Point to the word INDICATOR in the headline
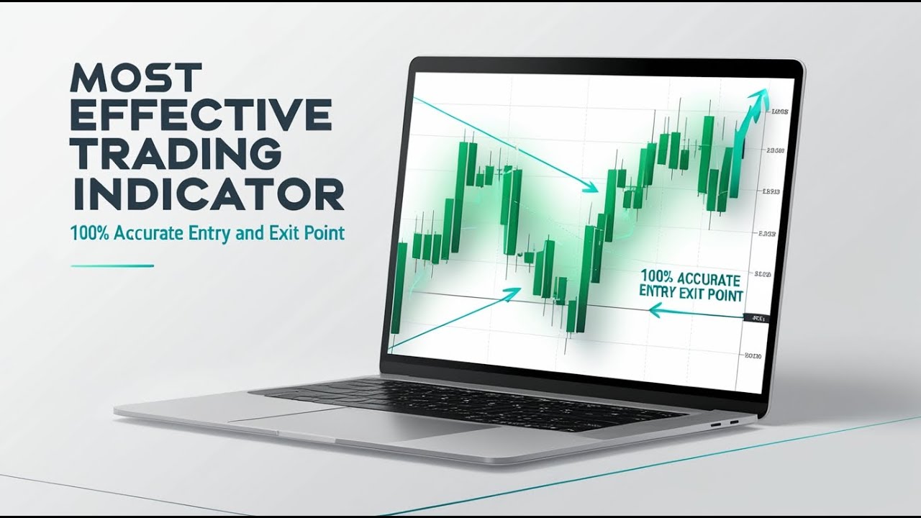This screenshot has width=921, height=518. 207,194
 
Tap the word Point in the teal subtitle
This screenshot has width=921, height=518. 323,233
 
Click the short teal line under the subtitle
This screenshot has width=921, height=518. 112,265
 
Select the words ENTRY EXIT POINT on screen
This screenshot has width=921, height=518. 691,294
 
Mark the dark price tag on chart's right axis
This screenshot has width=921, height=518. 756,318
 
